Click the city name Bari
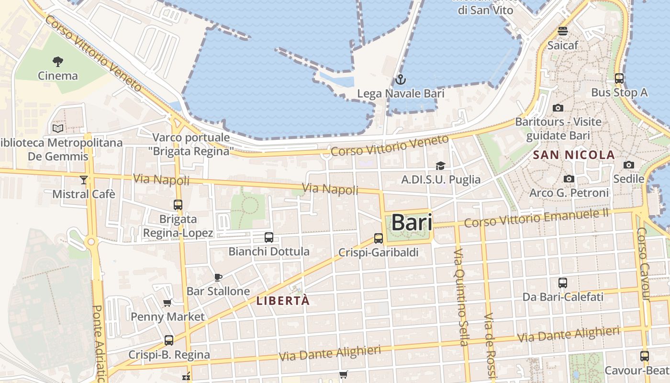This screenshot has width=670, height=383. tap(412, 223)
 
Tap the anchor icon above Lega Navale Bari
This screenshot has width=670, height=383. tap(401, 79)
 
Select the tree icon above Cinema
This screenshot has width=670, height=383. tap(58, 61)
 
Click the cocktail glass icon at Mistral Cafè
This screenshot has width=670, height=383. tap(84, 180)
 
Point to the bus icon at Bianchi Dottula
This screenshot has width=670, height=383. tap(269, 237)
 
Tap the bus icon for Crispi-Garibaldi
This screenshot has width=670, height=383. tap(379, 238)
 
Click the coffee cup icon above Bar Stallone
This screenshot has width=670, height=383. tap(218, 277)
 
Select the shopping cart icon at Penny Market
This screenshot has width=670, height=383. tap(167, 302)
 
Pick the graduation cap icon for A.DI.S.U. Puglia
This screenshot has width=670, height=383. tap(440, 166)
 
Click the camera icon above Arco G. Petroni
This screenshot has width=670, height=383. tap(569, 179)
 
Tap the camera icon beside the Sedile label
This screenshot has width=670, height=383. tap(629, 165)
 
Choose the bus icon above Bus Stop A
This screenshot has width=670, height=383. tap(619, 79)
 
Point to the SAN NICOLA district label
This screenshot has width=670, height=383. tap(573, 155)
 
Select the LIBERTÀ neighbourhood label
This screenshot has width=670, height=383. tap(283, 301)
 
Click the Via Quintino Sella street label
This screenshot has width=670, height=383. tap(460, 297)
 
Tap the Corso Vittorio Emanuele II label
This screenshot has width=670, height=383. tap(536, 218)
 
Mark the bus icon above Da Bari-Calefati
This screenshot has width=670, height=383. tap(563, 283)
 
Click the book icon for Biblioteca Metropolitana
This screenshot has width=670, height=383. tap(58, 128)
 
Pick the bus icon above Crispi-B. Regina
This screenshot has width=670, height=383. tap(169, 340)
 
